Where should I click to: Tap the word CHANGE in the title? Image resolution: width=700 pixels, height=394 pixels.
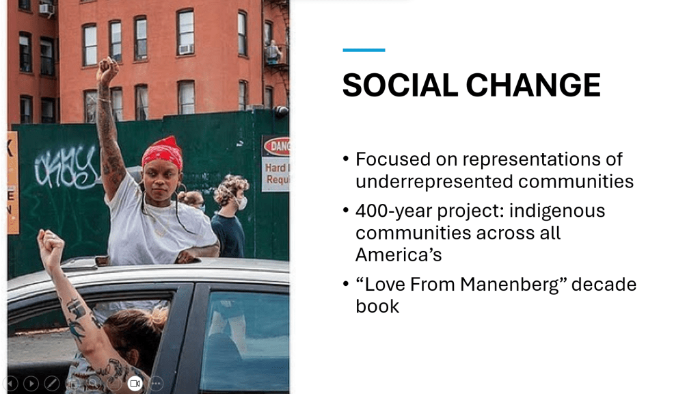(533, 85)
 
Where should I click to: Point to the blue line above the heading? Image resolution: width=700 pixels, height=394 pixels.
(364, 50)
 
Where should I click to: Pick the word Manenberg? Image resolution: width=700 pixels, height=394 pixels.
(510, 285)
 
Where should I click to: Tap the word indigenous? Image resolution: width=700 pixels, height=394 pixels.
(557, 211)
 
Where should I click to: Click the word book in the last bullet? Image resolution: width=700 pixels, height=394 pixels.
(377, 306)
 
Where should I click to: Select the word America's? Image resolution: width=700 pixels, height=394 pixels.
(399, 255)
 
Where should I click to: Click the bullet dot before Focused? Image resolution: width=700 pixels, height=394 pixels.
(345, 159)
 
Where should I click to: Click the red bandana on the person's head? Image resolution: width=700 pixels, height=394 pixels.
(163, 153)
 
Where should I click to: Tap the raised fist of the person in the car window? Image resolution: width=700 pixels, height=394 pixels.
(51, 244)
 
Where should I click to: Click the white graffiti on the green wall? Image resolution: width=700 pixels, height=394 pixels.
(67, 167)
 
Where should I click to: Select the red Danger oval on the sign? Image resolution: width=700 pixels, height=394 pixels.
(278, 146)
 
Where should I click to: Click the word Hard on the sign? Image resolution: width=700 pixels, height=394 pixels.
(275, 168)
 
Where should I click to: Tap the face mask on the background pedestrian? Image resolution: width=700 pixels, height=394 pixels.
(241, 203)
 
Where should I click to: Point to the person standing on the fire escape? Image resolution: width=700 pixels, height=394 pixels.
(273, 52)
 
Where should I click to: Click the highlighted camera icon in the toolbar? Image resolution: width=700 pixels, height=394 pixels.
(135, 383)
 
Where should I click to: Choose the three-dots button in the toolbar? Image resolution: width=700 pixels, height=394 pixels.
(156, 383)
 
